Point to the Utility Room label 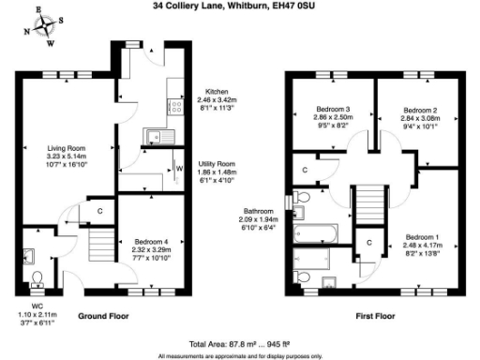217,164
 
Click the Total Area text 239,344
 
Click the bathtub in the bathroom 316,234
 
